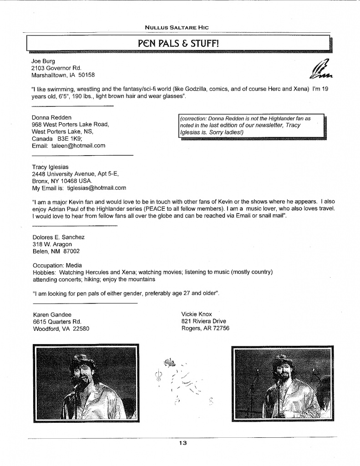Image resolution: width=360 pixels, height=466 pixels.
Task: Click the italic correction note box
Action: point(251,125)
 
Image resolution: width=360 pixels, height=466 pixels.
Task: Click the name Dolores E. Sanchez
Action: point(59,237)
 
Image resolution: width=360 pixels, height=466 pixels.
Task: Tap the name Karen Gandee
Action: point(53,314)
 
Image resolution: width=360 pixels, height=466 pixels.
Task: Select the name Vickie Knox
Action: point(197,314)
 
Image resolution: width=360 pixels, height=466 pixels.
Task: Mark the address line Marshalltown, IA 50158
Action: point(63,75)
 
